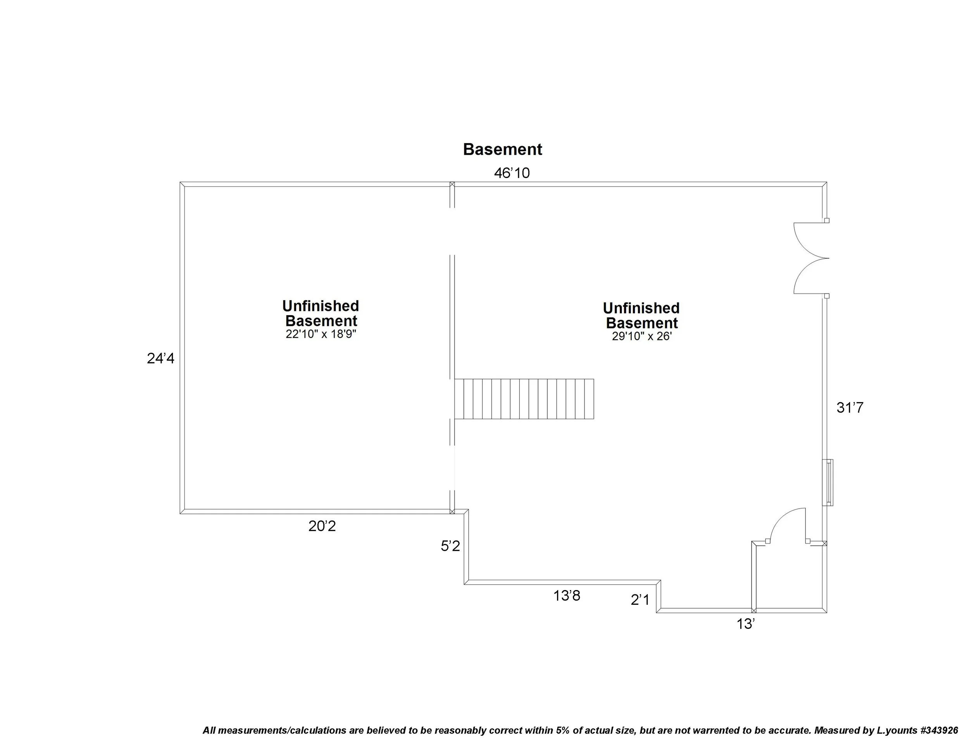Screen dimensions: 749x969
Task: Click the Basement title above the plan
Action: click(x=502, y=150)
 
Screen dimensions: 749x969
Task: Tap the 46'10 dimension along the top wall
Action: click(x=512, y=173)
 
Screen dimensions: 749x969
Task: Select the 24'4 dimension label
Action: click(x=160, y=359)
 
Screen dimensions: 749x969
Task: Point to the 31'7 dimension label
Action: click(x=850, y=408)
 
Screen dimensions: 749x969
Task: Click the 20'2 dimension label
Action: click(x=322, y=526)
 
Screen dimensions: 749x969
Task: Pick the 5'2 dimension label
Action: click(x=450, y=546)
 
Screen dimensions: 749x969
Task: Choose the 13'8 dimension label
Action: click(x=567, y=596)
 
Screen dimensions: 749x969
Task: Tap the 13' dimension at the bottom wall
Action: click(x=746, y=624)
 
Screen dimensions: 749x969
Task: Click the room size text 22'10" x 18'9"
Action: click(x=321, y=335)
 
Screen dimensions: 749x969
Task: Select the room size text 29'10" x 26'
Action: click(x=641, y=337)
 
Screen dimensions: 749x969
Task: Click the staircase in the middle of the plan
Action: click(x=524, y=399)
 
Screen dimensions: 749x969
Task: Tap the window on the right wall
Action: click(x=828, y=482)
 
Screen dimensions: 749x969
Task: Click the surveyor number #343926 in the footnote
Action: click(x=939, y=730)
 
